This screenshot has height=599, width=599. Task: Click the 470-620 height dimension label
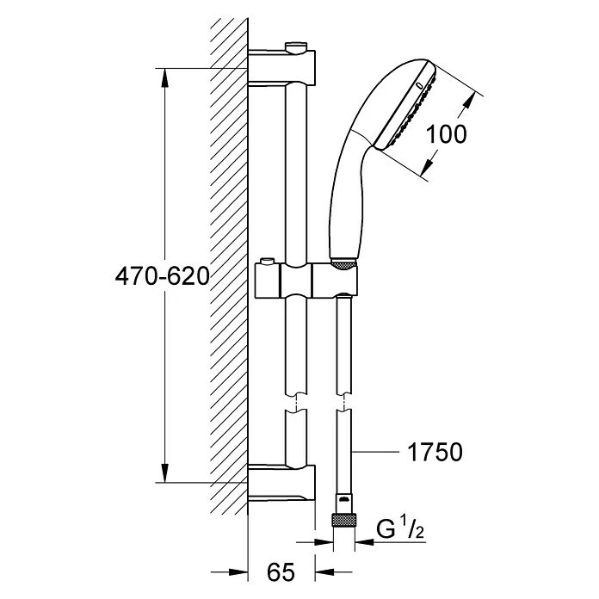point(163,276)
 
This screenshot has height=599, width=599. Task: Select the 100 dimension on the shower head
point(446,134)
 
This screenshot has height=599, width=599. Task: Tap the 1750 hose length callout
point(435,452)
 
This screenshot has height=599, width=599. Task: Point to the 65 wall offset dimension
point(281,572)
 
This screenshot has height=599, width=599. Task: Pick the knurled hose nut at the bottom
point(343,521)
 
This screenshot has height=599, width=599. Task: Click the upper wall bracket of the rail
point(281,67)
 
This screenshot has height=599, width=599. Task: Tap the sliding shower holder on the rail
point(306,281)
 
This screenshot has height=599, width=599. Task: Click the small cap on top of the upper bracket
point(296,48)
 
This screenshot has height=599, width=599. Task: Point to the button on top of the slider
point(266,262)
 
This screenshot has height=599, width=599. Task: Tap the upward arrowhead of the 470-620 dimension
point(164,78)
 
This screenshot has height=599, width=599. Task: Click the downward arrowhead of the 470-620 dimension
point(164,472)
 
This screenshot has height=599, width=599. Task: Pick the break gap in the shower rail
point(296,402)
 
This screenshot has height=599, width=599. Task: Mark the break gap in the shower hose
point(343,402)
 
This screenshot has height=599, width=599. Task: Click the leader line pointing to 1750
point(375,452)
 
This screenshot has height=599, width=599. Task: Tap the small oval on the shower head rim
point(419,85)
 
